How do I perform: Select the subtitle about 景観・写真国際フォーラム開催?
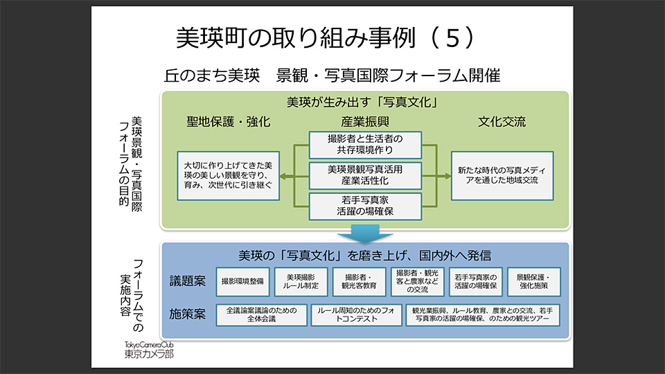pyautogui.click(x=332, y=75)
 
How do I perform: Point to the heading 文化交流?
pyautogui.click(x=502, y=122)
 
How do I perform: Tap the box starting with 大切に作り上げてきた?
pyautogui.click(x=228, y=175)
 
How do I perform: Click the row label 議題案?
pyautogui.click(x=188, y=281)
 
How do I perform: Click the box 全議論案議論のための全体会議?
pyautogui.click(x=260, y=315)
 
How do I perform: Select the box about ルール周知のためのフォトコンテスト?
pyautogui.click(x=353, y=315)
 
